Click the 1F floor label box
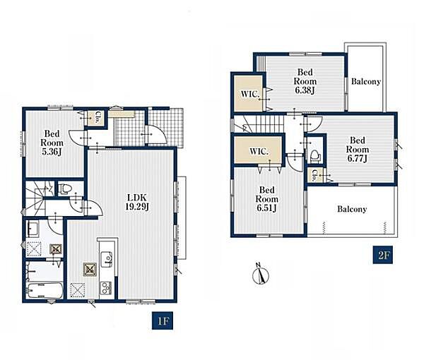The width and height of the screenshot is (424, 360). coord(163,320)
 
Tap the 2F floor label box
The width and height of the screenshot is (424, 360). coord(382,255)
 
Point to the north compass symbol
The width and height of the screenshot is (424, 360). coord(261,274)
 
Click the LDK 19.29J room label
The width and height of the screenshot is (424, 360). coord(137,202)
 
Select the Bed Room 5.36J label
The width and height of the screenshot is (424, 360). coord(52,143)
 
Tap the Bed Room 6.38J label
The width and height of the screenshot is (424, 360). coord(305,81)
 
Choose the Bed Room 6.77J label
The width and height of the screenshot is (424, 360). coord(357,149)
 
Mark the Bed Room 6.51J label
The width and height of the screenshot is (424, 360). coord(266,199)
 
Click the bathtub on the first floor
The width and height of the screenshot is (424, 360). coord(45,290)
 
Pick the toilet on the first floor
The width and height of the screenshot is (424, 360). coord(64,188)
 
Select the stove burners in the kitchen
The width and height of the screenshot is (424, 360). coord(106,288)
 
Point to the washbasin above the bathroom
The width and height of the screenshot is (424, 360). coord(33,229)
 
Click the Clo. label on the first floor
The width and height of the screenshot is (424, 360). coord(97,117)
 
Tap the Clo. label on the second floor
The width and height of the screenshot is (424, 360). coord(314,175)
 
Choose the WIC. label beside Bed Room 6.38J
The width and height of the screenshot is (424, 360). coord(250,95)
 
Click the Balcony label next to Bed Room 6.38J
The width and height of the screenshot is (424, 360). coord(365,82)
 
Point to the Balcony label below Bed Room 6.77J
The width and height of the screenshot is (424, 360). coord(352,209)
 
